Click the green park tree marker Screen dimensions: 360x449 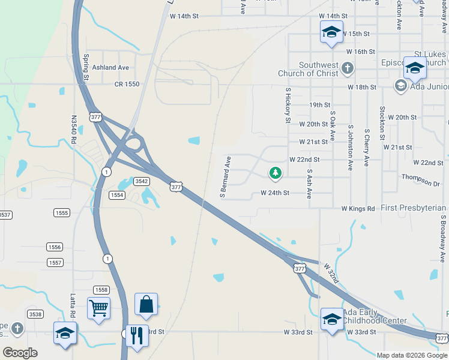[x=276, y=173]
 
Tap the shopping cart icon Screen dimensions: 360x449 [x=99, y=308]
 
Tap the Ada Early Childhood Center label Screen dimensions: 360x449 [x=375, y=317]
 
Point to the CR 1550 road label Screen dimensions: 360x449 [x=127, y=85]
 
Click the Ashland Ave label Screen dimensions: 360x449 [x=110, y=68]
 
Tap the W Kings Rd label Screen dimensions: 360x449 [x=358, y=208]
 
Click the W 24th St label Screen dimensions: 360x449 [x=275, y=193]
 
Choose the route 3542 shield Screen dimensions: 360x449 [x=141, y=181]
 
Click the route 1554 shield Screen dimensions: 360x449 [x=116, y=195]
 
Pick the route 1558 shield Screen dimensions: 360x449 [x=100, y=290]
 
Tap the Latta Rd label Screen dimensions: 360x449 [x=73, y=306]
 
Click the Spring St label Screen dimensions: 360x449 [x=86, y=67]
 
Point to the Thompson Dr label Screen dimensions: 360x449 [x=417, y=179]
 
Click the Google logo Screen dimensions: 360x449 [x=20, y=353]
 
